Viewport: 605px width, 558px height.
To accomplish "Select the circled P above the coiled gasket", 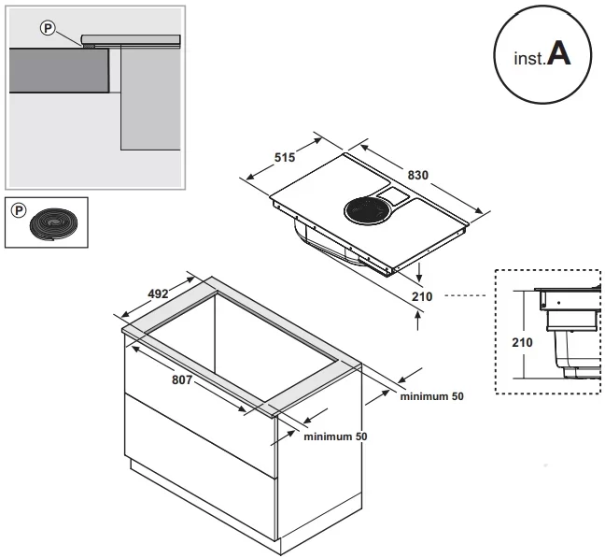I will click(15, 208).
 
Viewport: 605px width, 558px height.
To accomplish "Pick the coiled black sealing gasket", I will click(55, 224).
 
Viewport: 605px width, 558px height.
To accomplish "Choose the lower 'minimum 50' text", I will click(334, 436).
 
